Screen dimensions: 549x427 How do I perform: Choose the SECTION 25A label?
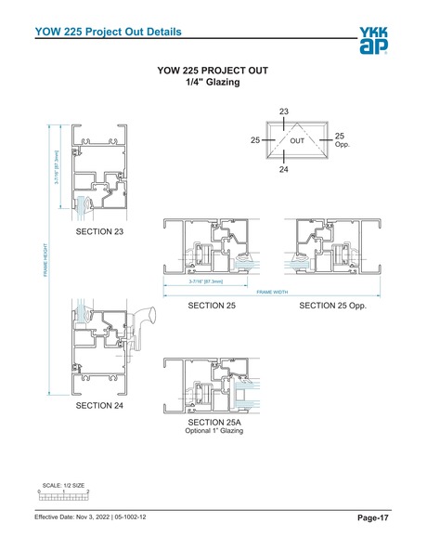(213, 423)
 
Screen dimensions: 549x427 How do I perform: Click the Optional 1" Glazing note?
(213, 432)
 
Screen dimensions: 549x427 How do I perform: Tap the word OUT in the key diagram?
(297, 141)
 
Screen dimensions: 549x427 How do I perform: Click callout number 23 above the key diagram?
(284, 111)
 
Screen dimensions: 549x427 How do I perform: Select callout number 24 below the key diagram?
(284, 170)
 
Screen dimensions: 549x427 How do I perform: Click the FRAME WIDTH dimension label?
(270, 292)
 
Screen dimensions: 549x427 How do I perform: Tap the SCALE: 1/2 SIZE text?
(64, 485)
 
